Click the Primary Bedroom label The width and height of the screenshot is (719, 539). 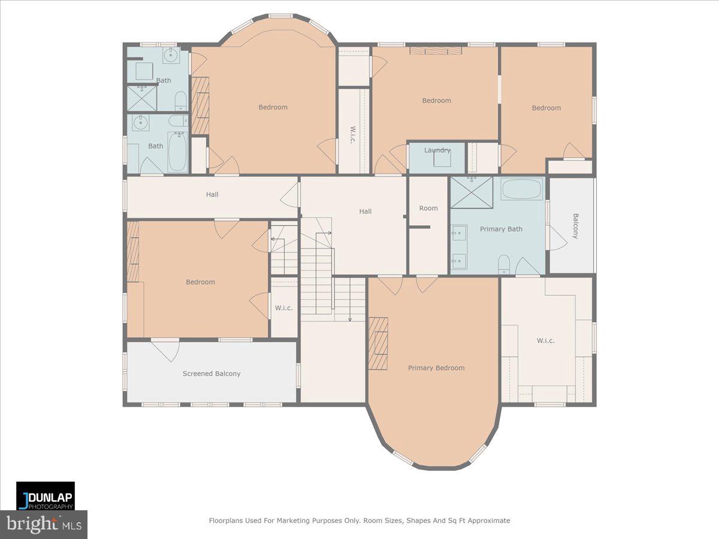436,368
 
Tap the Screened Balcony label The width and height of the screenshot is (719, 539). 212,373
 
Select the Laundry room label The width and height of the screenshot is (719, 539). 437,150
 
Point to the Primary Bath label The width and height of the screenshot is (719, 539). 501,229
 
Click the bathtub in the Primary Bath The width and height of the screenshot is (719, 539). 521,189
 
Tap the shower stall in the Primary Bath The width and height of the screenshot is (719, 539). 472,192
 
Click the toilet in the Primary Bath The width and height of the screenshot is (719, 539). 504,264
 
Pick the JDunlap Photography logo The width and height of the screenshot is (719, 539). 46,495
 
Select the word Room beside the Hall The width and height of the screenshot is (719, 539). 428,208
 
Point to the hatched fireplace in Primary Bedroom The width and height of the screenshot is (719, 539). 378,343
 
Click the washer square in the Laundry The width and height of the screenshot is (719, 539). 442,158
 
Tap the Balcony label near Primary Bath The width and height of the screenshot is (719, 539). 576,226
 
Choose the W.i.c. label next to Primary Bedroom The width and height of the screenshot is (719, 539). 545,341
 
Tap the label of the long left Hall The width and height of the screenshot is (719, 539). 212,195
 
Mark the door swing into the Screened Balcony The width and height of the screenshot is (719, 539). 166,351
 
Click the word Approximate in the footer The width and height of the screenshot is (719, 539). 489,520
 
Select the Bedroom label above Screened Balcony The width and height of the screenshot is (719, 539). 200,281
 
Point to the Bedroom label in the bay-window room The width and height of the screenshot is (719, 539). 273,107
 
